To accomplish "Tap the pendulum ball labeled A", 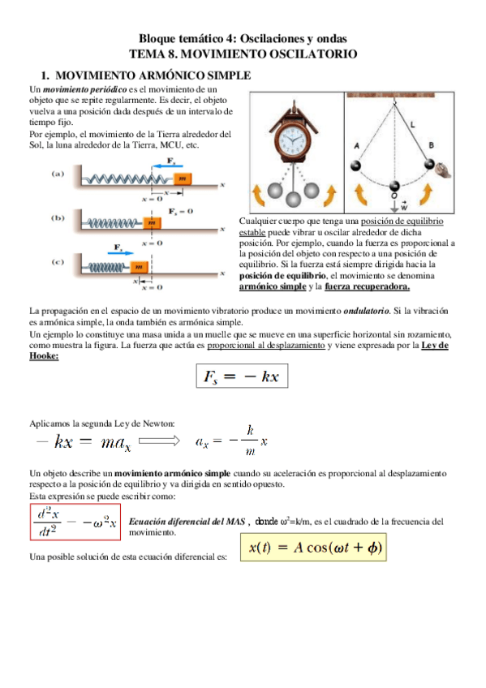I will pos(358,166).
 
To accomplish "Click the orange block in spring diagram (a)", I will pos(183,178).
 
